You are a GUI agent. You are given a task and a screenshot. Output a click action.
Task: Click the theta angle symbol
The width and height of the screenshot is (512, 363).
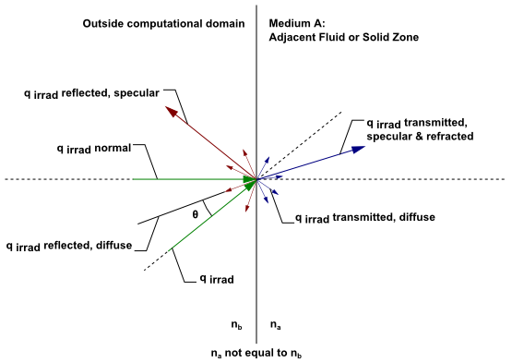coord(195,213)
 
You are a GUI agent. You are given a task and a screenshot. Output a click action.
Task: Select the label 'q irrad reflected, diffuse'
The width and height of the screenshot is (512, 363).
coord(69,246)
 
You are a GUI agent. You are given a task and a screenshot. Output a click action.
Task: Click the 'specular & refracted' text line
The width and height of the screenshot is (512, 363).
coord(419,136)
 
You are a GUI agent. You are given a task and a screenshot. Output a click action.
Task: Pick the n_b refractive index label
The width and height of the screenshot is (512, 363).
coord(236,324)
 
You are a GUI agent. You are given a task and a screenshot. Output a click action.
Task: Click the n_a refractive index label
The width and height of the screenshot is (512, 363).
coord(274,324)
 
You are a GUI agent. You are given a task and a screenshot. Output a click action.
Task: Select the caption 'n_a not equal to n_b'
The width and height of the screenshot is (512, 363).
coord(256,352)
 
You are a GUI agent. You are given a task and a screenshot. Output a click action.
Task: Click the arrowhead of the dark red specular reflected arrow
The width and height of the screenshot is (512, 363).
coord(172,111)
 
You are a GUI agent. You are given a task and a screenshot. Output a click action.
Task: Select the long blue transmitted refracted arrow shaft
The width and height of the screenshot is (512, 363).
coord(304,164)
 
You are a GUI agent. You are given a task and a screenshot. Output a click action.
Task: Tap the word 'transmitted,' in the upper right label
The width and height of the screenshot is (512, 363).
coord(439,122)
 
